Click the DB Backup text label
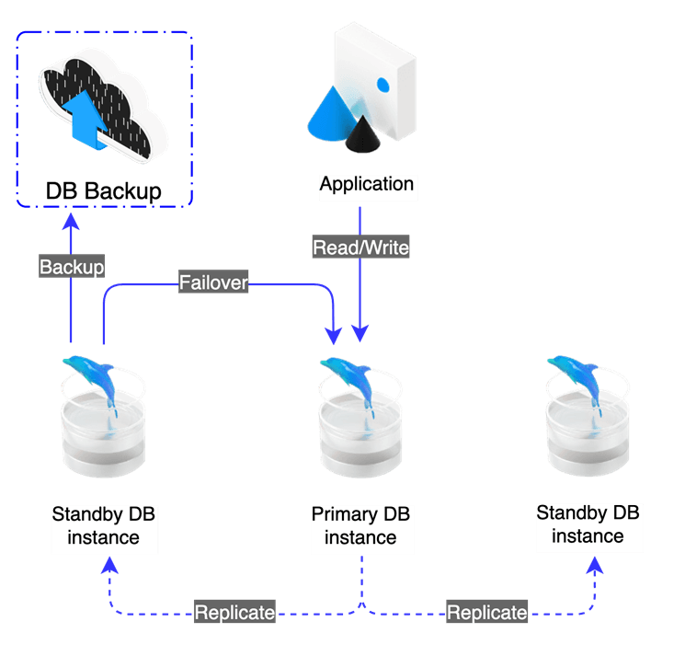(x=104, y=191)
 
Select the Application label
(x=367, y=185)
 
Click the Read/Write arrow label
(x=360, y=247)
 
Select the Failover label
(x=213, y=282)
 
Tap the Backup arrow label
(x=72, y=266)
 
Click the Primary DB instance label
(x=360, y=526)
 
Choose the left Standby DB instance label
(x=104, y=526)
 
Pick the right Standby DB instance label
(x=588, y=524)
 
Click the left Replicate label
(x=234, y=612)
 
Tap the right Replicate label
(x=487, y=612)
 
